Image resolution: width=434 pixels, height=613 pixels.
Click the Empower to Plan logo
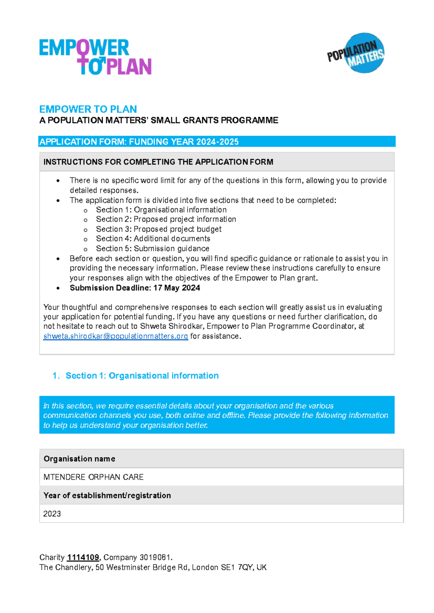(95, 57)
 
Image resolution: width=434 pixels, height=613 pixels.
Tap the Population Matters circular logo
(360, 53)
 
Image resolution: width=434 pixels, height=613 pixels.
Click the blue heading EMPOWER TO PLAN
(88, 109)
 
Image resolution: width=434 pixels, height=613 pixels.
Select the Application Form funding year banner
(139, 142)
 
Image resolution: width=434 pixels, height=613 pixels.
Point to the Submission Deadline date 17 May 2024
(176, 288)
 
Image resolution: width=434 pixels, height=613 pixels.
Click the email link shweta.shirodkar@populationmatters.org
(115, 336)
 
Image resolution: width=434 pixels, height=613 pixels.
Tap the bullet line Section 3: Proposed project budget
(158, 229)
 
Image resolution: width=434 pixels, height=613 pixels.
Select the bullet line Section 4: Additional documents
(153, 239)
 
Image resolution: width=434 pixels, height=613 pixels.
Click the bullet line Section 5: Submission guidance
(152, 249)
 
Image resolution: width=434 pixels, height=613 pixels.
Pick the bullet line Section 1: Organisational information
(161, 210)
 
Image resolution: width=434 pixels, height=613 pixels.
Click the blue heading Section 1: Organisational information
(142, 376)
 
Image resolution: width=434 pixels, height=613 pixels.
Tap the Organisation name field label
(79, 459)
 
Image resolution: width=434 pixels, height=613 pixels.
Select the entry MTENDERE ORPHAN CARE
(93, 477)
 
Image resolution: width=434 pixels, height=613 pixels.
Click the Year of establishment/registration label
(107, 495)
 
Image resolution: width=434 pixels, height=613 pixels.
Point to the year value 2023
(52, 514)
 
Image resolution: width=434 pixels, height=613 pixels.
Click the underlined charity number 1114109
(83, 557)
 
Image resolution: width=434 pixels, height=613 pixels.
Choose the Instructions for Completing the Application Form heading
(158, 162)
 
